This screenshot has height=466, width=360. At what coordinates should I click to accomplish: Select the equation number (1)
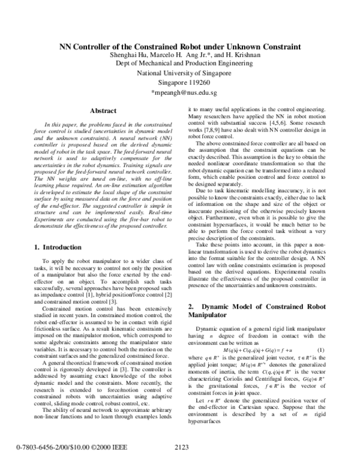pyautogui.click(x=320, y=349)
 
